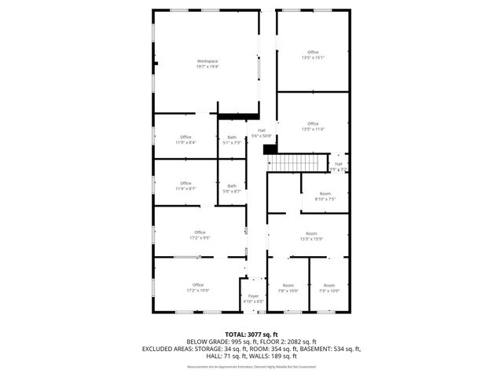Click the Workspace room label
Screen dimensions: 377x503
click(207, 61)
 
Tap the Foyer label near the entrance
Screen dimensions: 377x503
click(253, 296)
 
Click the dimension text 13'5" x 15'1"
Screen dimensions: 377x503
click(313, 57)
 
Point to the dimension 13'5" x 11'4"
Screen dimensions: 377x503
click(313, 130)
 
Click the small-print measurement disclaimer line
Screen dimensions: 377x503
click(251, 367)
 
